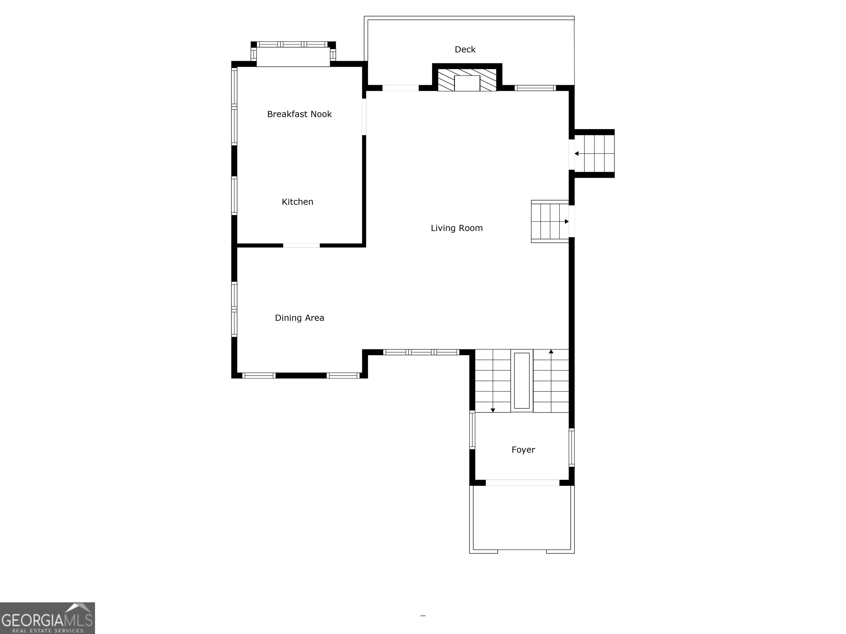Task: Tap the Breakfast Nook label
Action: (x=299, y=114)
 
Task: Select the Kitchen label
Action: (x=297, y=202)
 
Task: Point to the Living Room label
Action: (x=456, y=228)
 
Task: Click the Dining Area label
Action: (x=299, y=318)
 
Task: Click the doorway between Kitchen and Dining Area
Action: (x=301, y=245)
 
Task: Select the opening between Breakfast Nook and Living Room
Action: (x=364, y=117)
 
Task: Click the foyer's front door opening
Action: (x=522, y=483)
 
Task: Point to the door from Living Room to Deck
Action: (x=400, y=88)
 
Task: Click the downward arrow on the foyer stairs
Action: (x=493, y=410)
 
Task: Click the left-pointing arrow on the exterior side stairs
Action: (x=576, y=154)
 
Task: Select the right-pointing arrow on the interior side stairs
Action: (x=566, y=221)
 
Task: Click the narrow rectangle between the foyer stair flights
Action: (x=522, y=381)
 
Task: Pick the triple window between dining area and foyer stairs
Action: (x=421, y=352)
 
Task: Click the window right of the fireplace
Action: (x=535, y=88)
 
